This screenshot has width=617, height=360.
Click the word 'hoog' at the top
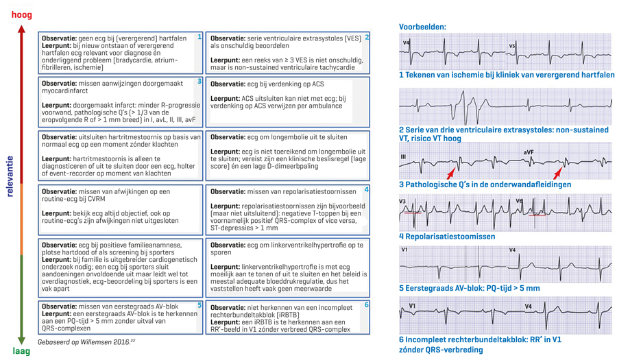click(x=21, y=14)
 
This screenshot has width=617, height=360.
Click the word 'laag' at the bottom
click(x=21, y=351)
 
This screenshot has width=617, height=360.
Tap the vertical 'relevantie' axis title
click(x=10, y=176)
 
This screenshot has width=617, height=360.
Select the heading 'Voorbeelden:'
click(x=422, y=27)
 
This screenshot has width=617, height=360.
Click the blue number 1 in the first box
click(x=199, y=37)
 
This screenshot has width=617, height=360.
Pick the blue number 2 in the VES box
click(x=367, y=37)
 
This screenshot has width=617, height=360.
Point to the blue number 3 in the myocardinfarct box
click(x=199, y=82)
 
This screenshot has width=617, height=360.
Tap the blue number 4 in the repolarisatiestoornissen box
click(x=367, y=190)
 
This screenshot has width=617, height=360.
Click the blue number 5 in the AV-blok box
click(x=199, y=305)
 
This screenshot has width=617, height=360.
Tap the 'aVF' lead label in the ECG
click(x=528, y=152)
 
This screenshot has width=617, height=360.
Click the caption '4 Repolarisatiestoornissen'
click(x=447, y=237)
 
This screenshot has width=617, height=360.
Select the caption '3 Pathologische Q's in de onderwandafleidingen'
click(x=485, y=184)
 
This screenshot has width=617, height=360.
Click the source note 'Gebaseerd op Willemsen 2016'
click(x=86, y=341)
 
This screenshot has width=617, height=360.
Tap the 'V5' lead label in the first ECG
click(x=511, y=46)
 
